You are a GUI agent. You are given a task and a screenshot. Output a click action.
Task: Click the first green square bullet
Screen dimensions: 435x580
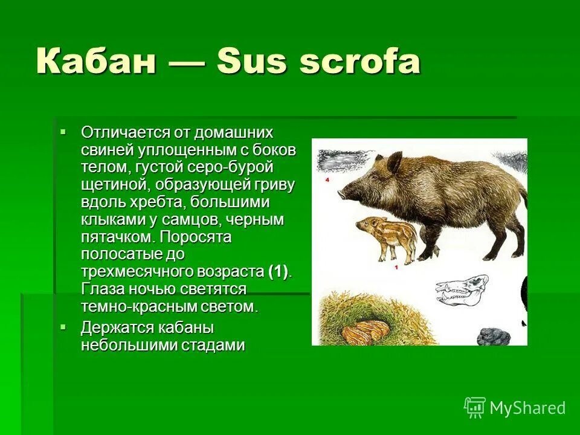[x=62, y=131]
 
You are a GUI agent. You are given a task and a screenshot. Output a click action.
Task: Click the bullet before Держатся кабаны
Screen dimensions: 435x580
[x=62, y=327]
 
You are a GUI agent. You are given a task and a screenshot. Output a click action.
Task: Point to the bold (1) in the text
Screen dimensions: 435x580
[x=279, y=271]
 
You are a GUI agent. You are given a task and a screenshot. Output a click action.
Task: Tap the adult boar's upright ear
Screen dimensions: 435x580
[x=394, y=163]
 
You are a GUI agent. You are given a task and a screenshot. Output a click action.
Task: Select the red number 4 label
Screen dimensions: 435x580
[x=326, y=180]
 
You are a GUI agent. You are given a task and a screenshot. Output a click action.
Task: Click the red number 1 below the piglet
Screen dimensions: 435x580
[x=395, y=266]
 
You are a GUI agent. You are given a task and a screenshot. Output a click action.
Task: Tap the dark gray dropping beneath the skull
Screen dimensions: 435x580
[x=493, y=336]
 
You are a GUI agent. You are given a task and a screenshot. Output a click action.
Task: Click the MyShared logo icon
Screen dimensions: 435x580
[x=475, y=407]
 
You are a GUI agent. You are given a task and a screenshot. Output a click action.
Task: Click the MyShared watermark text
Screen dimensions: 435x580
[x=527, y=408]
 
